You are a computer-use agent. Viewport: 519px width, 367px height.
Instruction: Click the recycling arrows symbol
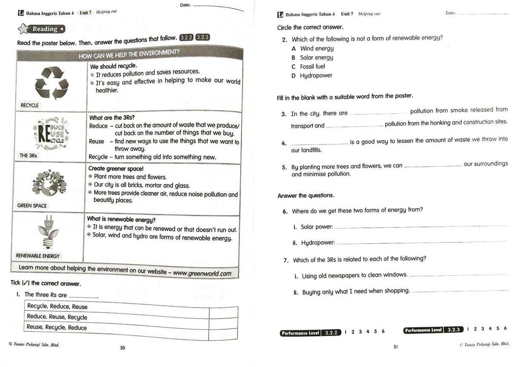point(49,83)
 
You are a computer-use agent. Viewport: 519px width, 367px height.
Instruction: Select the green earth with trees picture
point(50,182)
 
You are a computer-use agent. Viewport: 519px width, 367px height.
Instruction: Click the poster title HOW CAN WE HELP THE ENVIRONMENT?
point(129,54)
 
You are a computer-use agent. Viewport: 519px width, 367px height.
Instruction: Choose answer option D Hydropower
point(312,76)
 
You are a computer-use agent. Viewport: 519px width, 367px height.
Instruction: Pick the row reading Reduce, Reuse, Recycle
point(57,317)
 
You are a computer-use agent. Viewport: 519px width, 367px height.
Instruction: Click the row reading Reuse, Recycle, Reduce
point(57,327)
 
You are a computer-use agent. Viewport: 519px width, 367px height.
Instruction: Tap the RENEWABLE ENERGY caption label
point(38,256)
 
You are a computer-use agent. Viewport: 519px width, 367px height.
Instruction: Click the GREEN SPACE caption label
point(31,206)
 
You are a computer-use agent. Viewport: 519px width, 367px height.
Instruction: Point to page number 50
point(122,348)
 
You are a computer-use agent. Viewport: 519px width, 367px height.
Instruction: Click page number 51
point(396,347)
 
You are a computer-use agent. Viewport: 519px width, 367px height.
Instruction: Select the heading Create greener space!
point(116,168)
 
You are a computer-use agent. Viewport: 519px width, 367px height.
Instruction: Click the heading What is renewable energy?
point(121,219)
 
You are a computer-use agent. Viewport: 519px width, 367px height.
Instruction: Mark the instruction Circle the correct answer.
point(310,27)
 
